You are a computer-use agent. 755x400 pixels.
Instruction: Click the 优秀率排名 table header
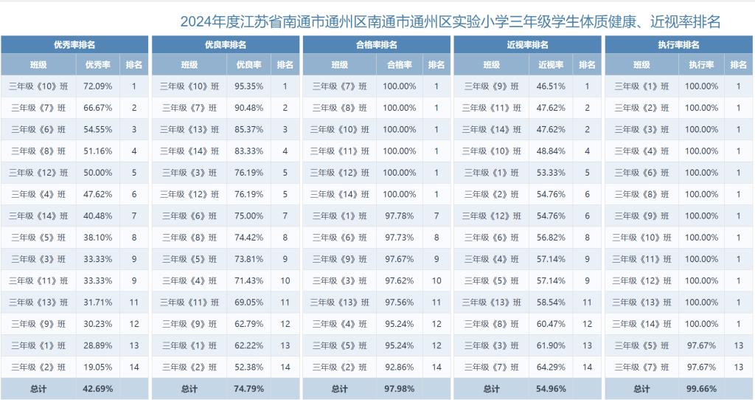74,44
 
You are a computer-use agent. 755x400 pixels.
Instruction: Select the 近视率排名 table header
527,44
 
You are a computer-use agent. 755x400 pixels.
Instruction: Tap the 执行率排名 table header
678,44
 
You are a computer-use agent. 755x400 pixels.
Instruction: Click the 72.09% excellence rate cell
98,86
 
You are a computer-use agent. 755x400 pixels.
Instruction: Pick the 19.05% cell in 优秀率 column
98,367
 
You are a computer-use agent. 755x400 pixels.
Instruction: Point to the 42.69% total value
98,388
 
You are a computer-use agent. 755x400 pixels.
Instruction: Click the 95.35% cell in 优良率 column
249,86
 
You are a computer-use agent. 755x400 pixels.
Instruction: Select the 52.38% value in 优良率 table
249,367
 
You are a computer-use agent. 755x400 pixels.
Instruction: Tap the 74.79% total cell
249,388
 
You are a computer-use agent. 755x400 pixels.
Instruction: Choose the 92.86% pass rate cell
400,367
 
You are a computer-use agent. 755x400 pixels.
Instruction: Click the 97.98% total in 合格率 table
400,388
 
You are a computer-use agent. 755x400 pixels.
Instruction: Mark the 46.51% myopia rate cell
551,86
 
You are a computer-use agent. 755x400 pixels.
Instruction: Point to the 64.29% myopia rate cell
551,367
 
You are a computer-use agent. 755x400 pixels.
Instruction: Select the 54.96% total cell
551,388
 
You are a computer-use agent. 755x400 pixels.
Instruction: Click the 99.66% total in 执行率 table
701,388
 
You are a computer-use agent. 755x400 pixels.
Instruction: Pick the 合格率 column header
400,65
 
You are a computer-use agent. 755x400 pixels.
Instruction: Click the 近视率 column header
551,65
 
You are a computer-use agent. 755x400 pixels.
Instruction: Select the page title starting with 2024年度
450,21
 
